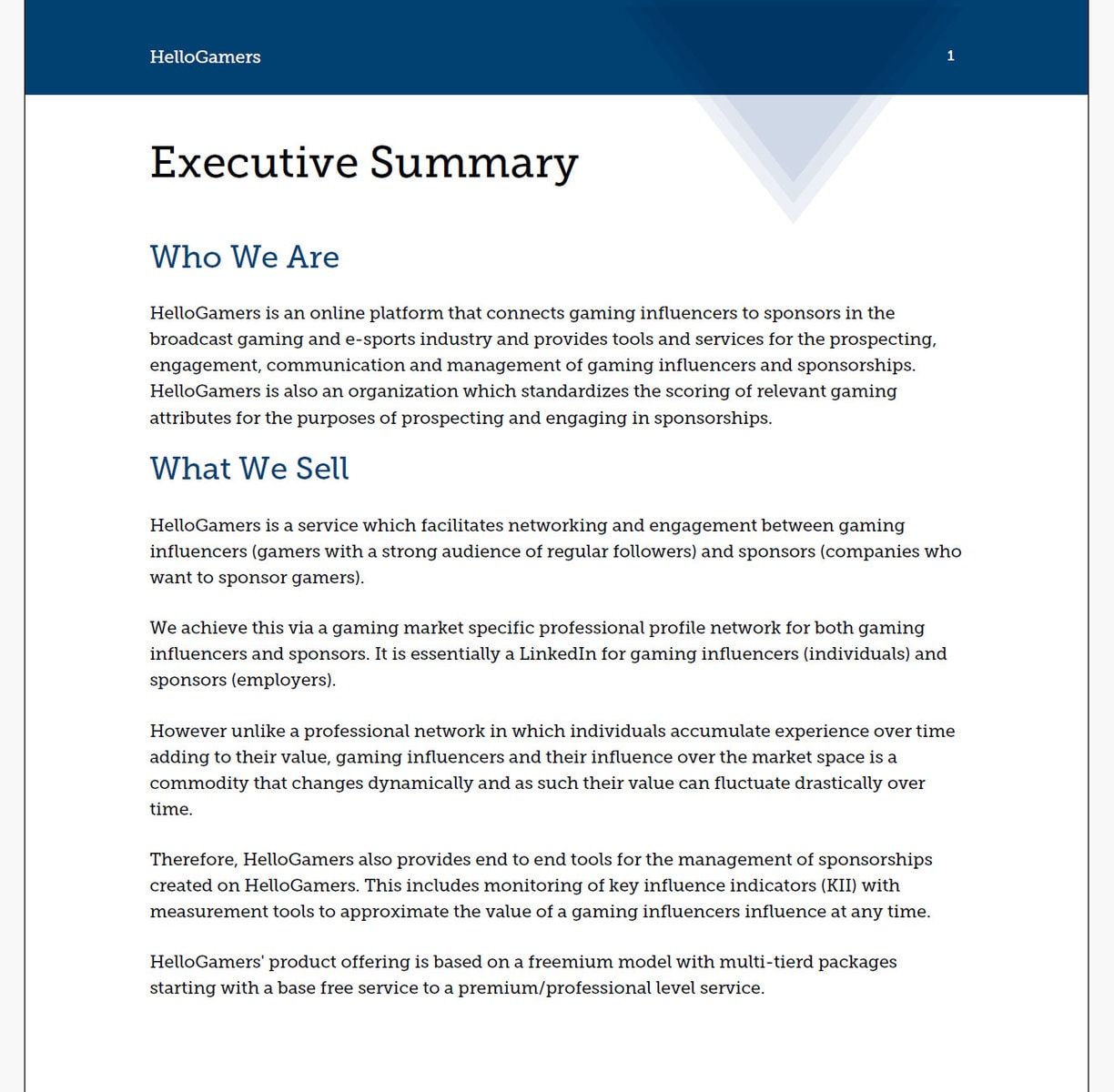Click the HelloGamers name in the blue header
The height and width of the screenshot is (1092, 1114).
pos(205,56)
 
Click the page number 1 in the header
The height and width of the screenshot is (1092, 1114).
pos(950,56)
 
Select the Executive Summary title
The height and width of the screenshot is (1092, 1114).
pos(363,163)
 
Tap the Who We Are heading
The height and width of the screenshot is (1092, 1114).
pos(244,257)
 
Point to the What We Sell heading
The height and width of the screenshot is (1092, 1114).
pos(249,469)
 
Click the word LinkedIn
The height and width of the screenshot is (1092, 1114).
pos(557,653)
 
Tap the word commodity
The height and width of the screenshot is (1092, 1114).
pos(198,783)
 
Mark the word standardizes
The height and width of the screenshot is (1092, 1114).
pos(569,391)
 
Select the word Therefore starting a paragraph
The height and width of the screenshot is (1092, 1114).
pos(194,859)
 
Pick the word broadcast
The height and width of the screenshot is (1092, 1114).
pos(191,339)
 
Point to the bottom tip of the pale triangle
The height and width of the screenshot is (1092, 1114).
pos(793,221)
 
